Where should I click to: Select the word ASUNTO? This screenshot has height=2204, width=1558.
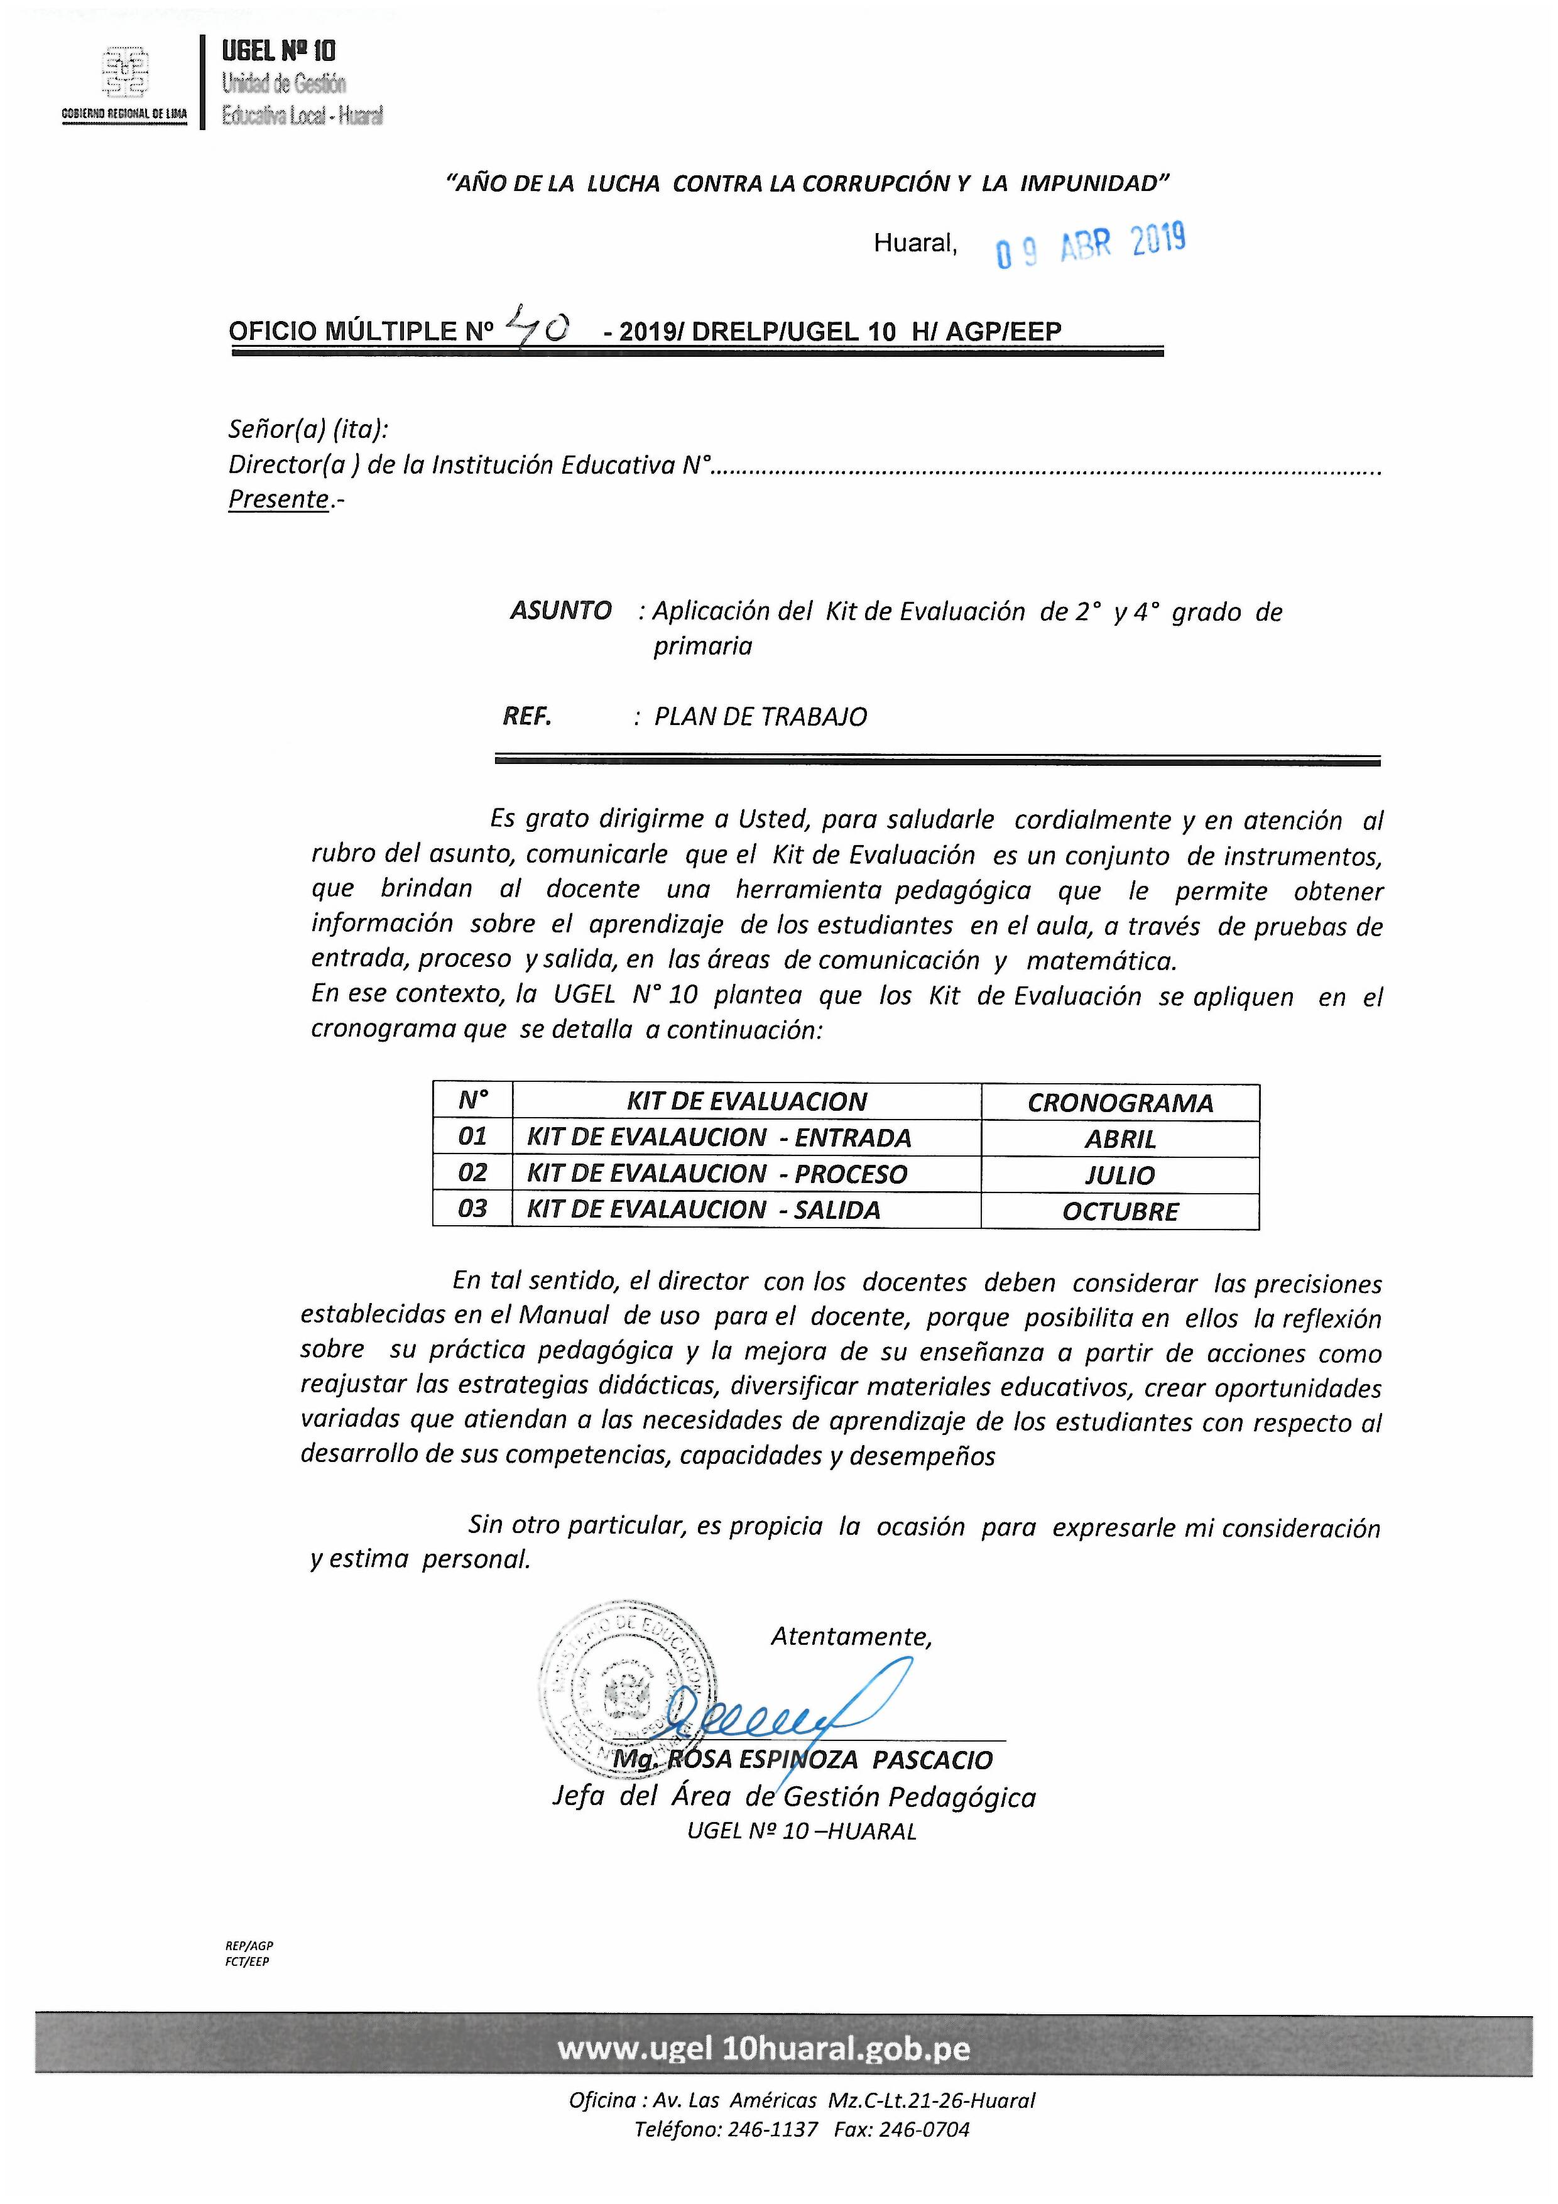(x=560, y=611)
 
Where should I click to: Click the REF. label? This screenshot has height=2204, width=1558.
(x=527, y=716)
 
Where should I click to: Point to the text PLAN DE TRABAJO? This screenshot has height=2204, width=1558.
(x=760, y=716)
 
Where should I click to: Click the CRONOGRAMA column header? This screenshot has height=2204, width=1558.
(x=1119, y=1102)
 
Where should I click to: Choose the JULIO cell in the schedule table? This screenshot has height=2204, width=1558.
(x=1119, y=1174)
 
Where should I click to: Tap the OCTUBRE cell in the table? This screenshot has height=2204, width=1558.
(x=1119, y=1211)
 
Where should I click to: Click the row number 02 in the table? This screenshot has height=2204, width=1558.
(x=472, y=1172)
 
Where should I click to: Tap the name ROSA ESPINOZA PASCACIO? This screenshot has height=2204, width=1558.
(x=829, y=1760)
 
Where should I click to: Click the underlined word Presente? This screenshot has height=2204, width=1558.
(x=278, y=499)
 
